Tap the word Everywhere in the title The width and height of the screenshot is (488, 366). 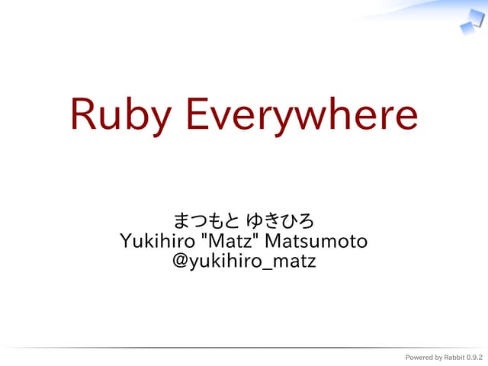pyautogui.click(x=300, y=115)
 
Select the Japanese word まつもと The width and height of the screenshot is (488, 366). pyautogui.click(x=202, y=221)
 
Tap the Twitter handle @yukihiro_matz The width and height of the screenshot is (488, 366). pyautogui.click(x=244, y=262)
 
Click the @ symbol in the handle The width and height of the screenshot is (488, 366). pyautogui.click(x=181, y=262)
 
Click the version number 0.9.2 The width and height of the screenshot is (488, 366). pyautogui.click(x=474, y=358)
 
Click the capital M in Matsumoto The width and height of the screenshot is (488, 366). pyautogui.click(x=272, y=242)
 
